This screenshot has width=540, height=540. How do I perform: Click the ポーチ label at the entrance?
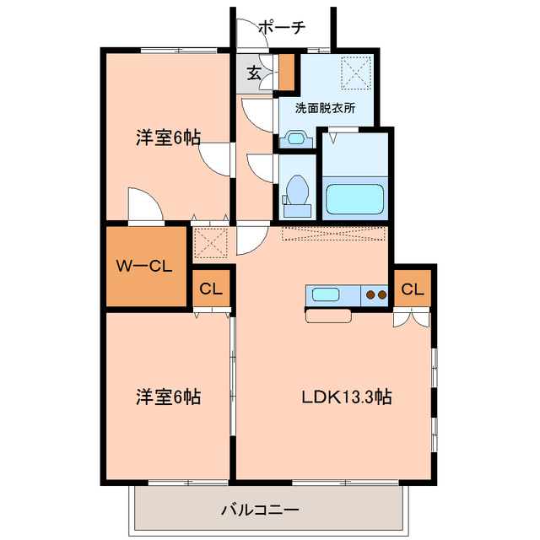[x=282, y=28]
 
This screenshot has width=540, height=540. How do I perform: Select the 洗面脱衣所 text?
[x=325, y=109]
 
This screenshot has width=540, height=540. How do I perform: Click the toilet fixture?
[x=296, y=190]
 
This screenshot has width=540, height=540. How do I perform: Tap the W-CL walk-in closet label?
[x=144, y=267]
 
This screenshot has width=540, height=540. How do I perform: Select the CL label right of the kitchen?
[x=412, y=289]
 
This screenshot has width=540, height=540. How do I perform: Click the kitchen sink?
[x=327, y=294]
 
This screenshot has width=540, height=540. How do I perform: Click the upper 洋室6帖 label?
[x=168, y=138]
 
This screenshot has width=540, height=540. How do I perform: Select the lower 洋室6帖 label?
[x=168, y=396]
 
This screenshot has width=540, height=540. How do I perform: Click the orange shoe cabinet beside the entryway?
[x=287, y=73]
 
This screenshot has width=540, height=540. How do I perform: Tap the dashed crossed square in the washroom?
[x=355, y=70]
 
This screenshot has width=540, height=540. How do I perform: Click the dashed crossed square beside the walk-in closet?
[x=210, y=244]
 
